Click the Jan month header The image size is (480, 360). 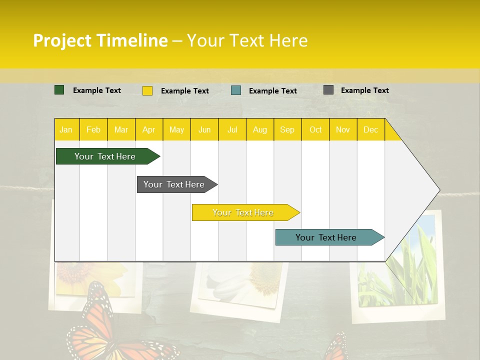66,129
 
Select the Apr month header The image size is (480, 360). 148,129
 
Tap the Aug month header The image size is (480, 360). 259,129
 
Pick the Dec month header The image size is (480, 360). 370,129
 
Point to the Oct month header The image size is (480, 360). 315,129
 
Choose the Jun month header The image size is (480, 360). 204,129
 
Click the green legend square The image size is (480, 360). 59,90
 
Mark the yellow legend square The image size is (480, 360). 147,90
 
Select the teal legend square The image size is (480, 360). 236,90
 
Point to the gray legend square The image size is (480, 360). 328,90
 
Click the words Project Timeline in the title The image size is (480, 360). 100,40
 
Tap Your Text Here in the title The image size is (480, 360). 247,40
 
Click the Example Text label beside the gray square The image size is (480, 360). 364,90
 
